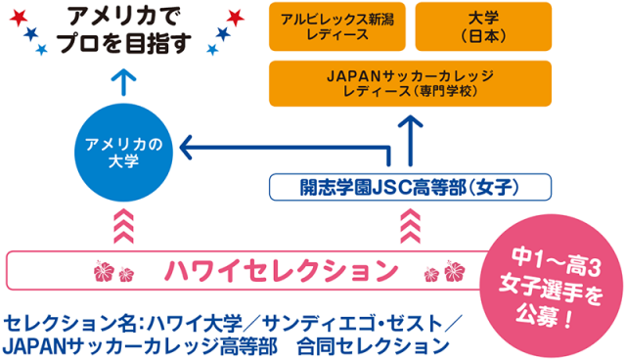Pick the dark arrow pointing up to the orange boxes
(x=411, y=134)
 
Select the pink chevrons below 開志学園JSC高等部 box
(x=411, y=227)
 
